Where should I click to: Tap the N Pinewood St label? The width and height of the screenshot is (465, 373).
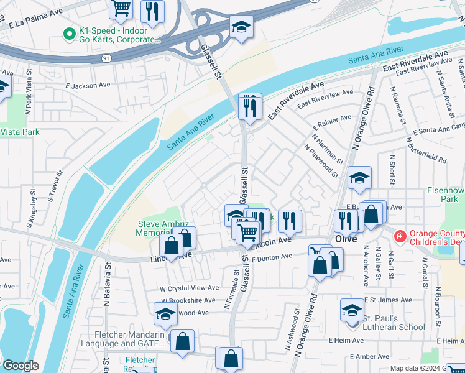coord(321,161)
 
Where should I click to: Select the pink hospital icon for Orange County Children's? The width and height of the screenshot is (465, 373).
coord(399,236)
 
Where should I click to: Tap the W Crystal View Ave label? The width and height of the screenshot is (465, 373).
coord(189,288)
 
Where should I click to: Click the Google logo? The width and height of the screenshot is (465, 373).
coord(20,366)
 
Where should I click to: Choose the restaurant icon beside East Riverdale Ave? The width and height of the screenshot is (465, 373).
coord(250,107)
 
